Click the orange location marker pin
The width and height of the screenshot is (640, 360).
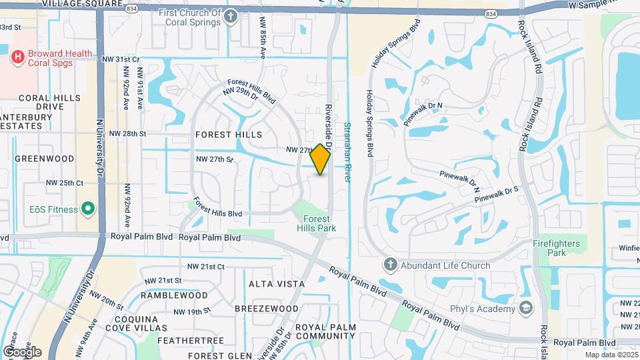point(321,159)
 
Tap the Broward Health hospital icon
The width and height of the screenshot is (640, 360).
point(18,57)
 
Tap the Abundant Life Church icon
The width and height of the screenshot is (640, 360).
point(390,265)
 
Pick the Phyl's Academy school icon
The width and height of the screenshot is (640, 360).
point(527,307)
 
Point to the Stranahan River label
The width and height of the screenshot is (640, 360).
point(347,151)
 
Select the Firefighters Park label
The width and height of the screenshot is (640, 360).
point(557,248)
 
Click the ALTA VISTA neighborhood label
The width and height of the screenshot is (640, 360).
point(277,284)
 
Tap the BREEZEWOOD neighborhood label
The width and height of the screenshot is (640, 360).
point(273,309)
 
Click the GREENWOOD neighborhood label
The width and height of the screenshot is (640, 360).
point(44,159)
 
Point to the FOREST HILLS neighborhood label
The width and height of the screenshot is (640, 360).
point(229,135)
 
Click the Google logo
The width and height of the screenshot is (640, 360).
point(22,351)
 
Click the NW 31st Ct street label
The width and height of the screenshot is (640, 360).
point(118,59)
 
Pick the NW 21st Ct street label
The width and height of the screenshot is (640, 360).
point(205,267)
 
